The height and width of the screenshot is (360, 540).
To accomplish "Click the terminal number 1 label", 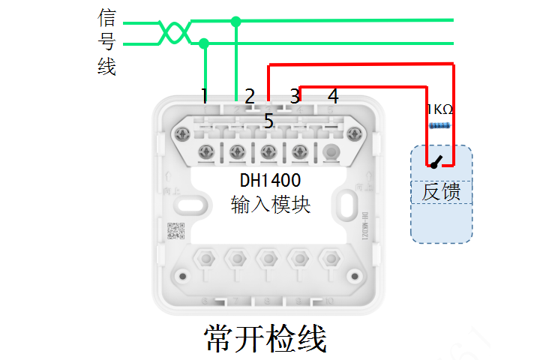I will point(204,95).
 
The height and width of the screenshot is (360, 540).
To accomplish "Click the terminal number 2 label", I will point(250,96).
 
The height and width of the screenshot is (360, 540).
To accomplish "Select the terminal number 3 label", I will point(295,96).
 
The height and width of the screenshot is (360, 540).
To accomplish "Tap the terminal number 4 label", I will point(333,96).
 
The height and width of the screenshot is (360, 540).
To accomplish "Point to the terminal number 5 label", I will point(268,120).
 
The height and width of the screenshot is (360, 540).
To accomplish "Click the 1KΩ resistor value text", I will point(439,109).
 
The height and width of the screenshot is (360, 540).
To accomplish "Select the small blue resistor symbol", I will point(440,126).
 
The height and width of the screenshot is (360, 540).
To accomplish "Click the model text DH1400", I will point(270,181).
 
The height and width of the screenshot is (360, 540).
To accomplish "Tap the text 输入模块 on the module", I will point(270,204).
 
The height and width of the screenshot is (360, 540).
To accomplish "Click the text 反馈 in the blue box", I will point(441,192).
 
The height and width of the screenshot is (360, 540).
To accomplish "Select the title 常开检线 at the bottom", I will point(265,338).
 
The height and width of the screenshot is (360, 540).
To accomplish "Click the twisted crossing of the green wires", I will point(174,32).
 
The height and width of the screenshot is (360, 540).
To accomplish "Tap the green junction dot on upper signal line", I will point(236,21).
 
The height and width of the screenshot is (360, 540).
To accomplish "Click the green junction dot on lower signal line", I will point(205,44).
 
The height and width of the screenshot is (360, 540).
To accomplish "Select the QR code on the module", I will point(175,230).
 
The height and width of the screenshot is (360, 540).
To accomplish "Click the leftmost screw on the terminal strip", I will point(181,135).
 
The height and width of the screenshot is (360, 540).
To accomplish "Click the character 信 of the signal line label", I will point(106,17).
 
